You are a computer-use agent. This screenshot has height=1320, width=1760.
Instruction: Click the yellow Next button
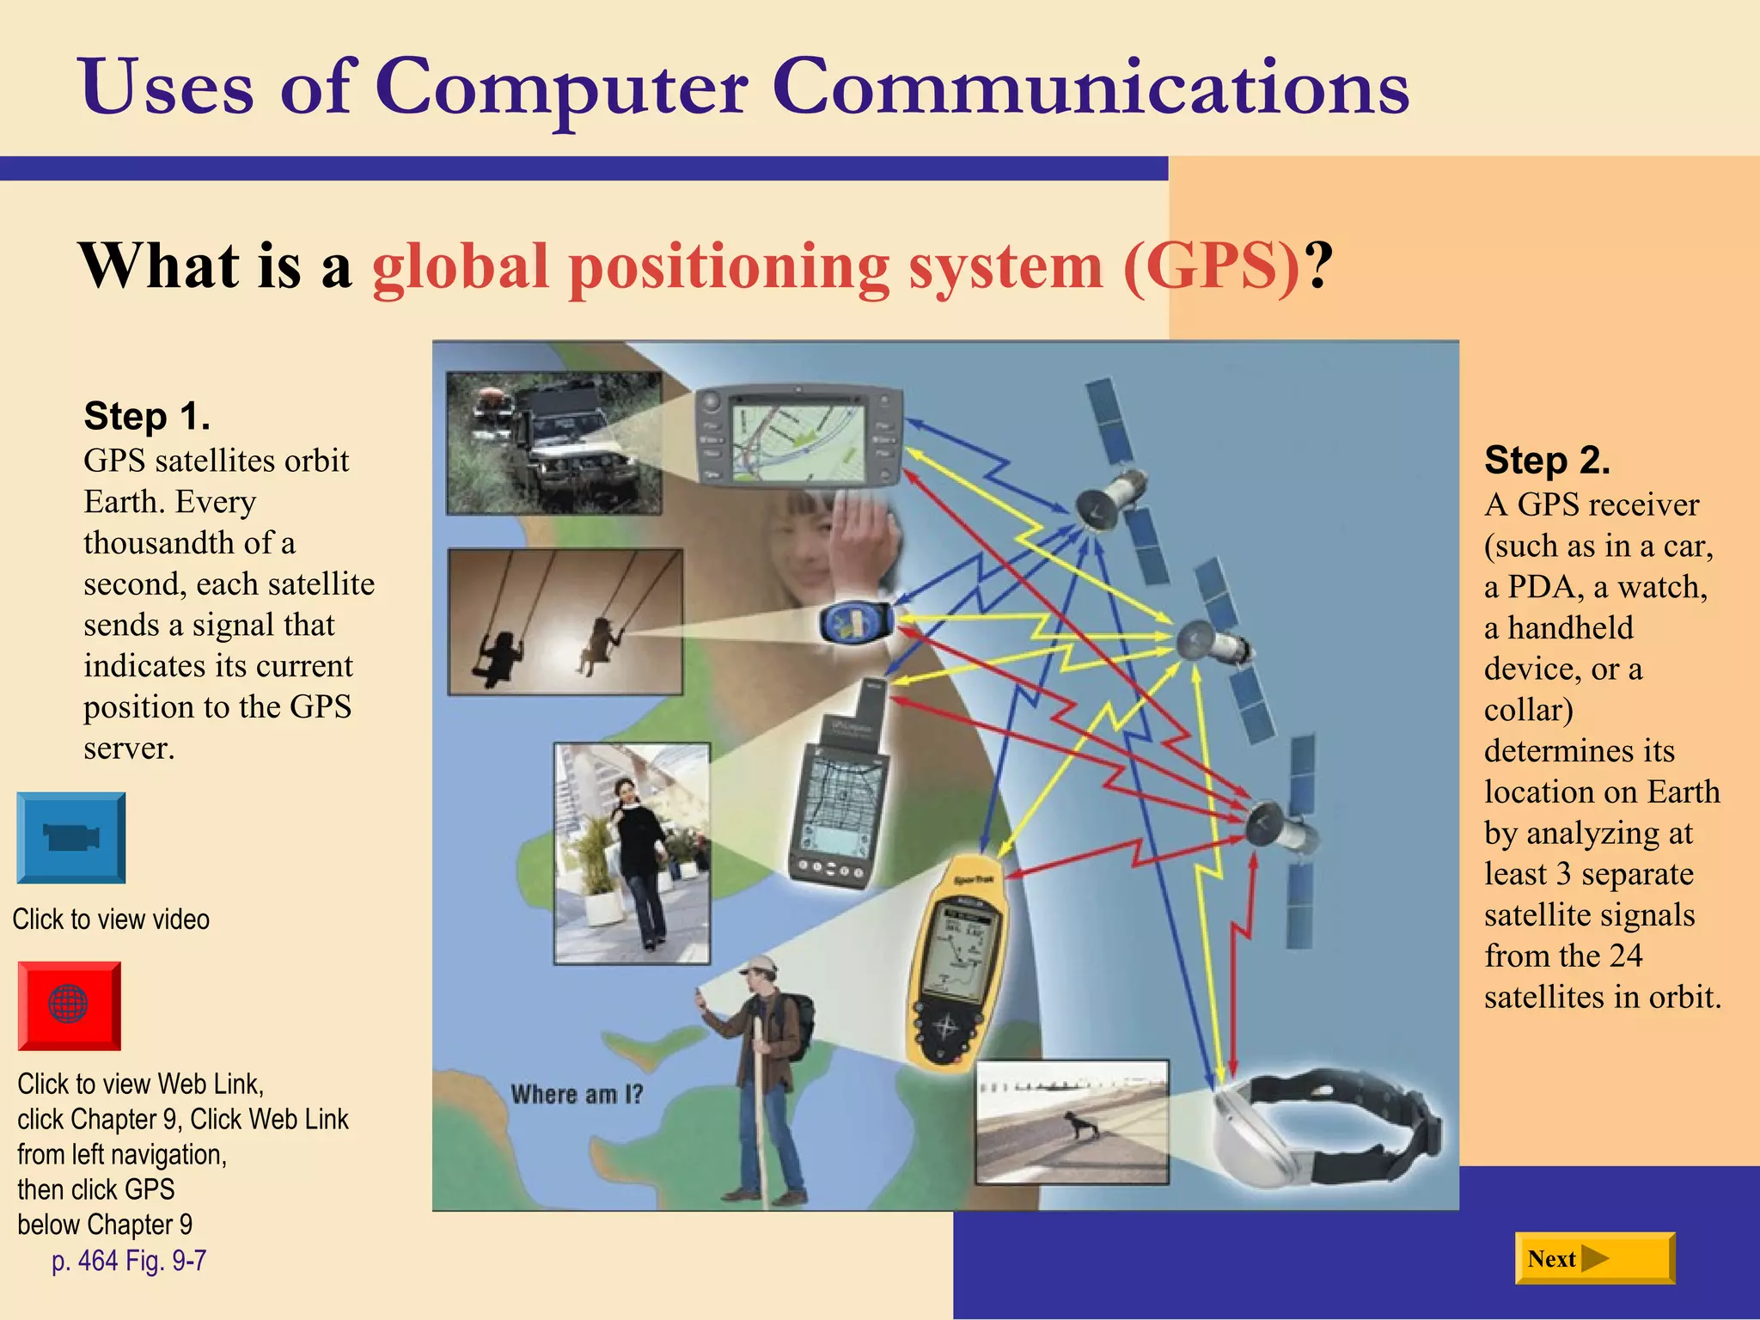point(1594,1258)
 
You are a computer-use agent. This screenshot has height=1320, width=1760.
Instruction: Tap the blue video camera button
point(71,838)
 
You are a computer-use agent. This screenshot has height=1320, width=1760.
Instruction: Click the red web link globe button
point(69,1005)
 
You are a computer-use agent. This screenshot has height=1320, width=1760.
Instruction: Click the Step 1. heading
point(147,417)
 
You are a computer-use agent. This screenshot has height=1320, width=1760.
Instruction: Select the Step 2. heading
point(1547,461)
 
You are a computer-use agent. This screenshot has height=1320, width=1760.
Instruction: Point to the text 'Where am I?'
point(577,1095)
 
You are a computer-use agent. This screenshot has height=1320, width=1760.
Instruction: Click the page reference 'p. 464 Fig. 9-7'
point(129,1261)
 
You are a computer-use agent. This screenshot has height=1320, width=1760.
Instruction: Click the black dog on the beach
point(1080,1124)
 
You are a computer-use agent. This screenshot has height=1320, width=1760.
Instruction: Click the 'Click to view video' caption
point(111,920)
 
